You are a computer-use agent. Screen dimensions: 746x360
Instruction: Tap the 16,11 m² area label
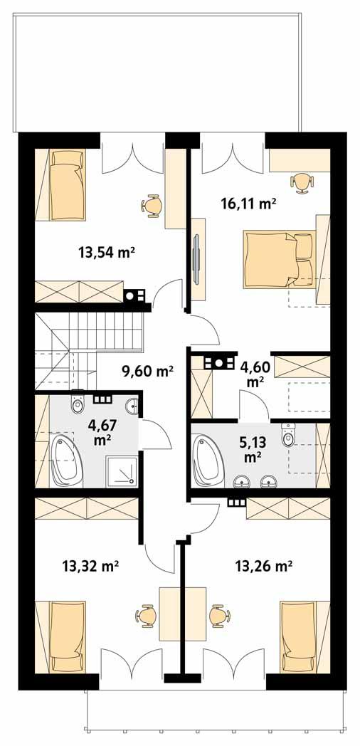click(x=248, y=204)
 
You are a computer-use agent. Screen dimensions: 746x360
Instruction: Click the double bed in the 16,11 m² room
click(x=277, y=258)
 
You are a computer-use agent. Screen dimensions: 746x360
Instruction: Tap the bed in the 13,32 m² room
click(x=68, y=636)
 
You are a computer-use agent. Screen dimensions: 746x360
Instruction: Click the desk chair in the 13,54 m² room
click(x=152, y=205)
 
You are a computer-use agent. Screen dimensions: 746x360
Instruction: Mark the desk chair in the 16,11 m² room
click(x=302, y=182)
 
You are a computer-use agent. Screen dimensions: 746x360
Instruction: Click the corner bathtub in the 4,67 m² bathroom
click(x=65, y=459)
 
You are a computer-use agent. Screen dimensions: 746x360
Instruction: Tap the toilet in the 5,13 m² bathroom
click(x=287, y=436)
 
